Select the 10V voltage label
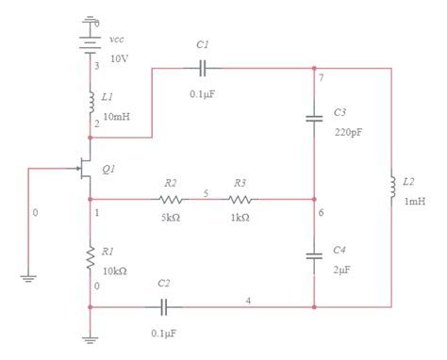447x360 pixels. tap(120, 58)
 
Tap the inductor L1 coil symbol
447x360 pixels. tap(90, 100)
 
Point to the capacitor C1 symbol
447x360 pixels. tap(203, 68)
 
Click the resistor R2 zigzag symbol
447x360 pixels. tap(170, 199)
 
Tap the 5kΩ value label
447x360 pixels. tap(170, 217)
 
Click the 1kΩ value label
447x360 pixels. tap(240, 217)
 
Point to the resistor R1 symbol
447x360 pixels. tap(90, 254)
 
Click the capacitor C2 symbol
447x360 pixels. tap(164, 306)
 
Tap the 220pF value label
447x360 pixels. tap(347, 131)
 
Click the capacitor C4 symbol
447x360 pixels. tap(314, 256)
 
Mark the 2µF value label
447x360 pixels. tap(342, 270)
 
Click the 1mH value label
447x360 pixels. tap(415, 201)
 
